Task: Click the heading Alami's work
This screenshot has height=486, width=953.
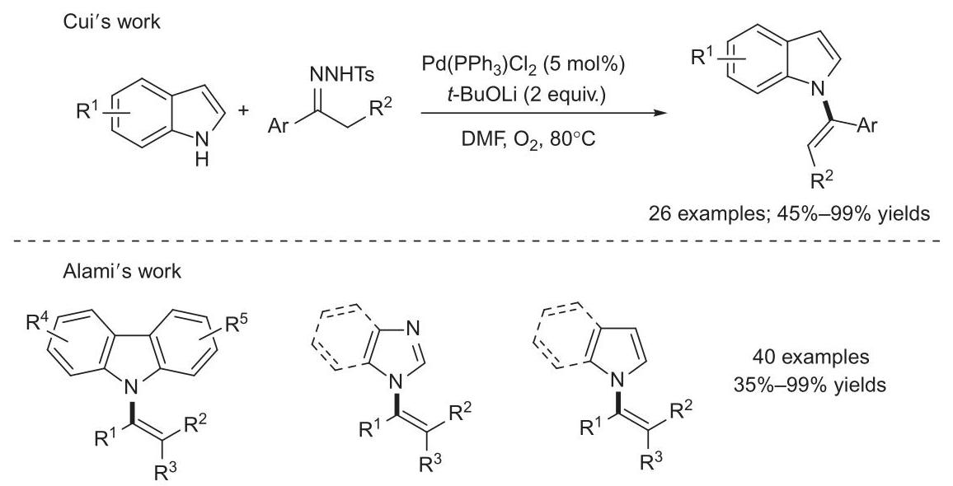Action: click(x=121, y=271)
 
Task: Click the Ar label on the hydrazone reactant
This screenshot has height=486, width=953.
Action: click(x=279, y=130)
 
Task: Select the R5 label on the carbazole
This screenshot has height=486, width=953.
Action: click(x=237, y=325)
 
